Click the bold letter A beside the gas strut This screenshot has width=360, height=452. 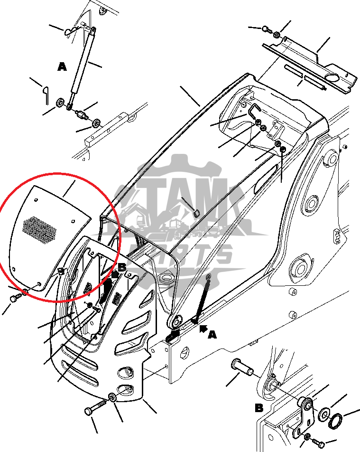click(x=62, y=67)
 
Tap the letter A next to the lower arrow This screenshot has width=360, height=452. click(x=212, y=335)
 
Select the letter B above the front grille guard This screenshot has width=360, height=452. click(x=122, y=267)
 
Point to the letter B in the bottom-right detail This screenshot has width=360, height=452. click(x=259, y=407)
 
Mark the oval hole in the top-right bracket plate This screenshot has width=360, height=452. click(x=333, y=77)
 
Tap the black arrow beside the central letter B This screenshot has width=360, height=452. click(x=114, y=274)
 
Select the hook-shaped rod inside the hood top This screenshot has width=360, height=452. click(x=254, y=111)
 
